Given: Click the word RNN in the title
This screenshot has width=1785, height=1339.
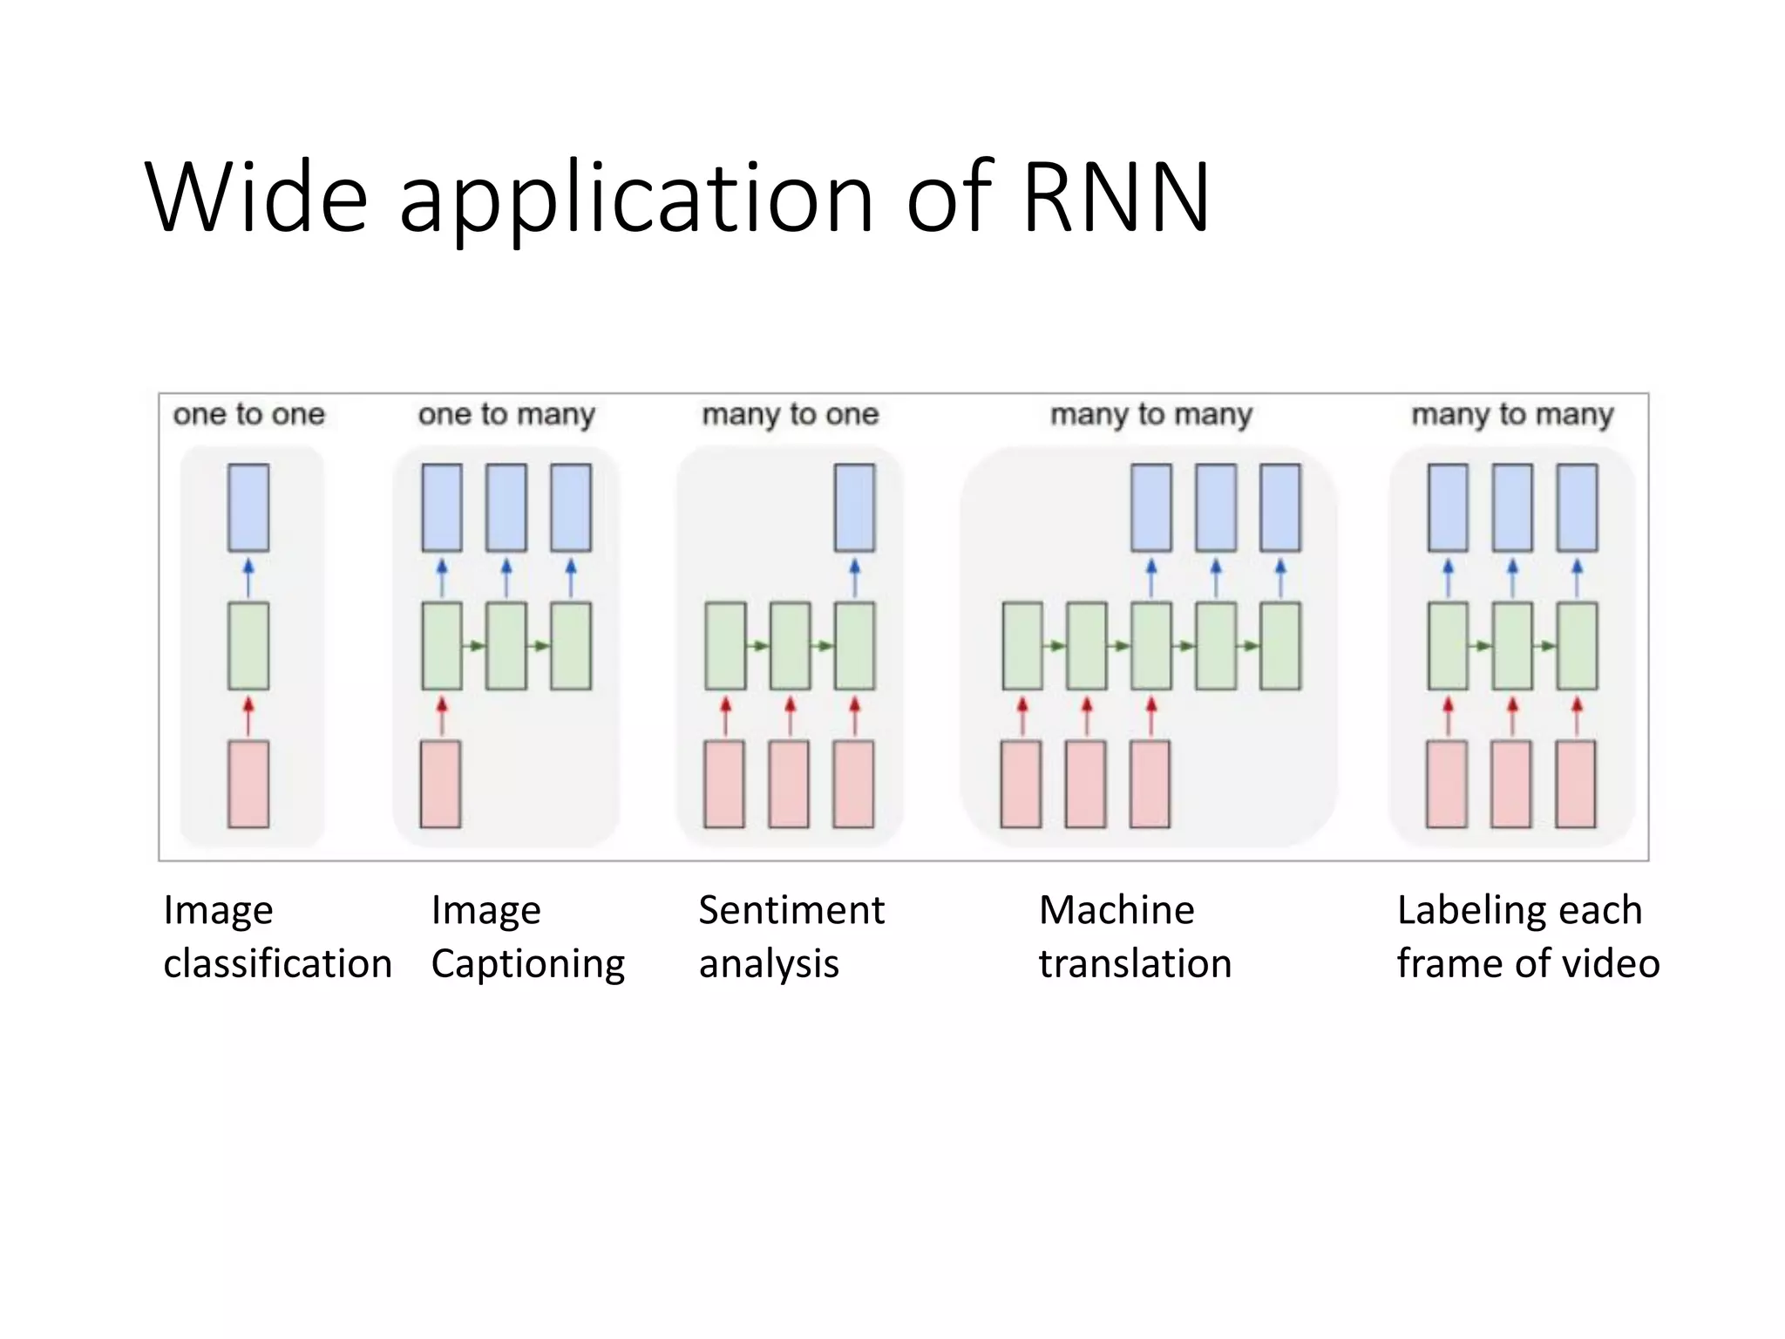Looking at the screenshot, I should pos(1116,198).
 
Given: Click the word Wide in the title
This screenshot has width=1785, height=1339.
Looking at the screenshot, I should pos(256,198).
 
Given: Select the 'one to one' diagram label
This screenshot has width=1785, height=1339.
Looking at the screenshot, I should pos(248,414).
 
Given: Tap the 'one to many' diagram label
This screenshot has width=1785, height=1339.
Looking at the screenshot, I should pos(506,414).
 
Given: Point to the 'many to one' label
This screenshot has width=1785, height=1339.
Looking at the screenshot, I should pos(791,414).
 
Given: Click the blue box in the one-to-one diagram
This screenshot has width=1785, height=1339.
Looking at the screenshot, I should pos(248,507).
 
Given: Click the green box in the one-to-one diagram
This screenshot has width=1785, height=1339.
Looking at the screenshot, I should pos(248,646).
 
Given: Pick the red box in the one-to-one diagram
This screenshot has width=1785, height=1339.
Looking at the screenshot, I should pos(248,784).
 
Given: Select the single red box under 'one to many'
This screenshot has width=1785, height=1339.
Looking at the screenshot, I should pos(441,784).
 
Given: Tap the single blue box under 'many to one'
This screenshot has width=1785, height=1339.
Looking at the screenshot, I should pos(854,507).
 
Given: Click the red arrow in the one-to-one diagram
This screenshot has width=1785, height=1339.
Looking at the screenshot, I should pos(248,715).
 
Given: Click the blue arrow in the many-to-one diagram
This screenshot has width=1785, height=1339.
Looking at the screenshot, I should pos(854,577).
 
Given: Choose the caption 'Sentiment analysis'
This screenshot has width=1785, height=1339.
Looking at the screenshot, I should pos(790,937).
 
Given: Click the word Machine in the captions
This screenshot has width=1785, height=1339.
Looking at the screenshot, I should pos(1116,910).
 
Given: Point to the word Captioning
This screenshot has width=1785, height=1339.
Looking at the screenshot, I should pos(527,964).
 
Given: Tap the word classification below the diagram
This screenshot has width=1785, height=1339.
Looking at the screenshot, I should pos(277,964).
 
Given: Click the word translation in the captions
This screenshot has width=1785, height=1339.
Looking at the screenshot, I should pos(1135,964).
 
